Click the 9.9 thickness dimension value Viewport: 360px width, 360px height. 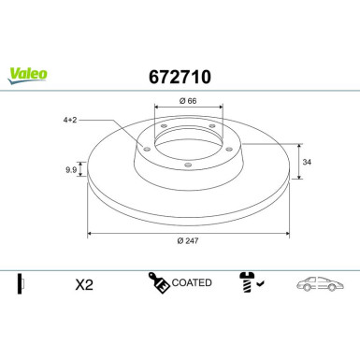(x=68, y=169)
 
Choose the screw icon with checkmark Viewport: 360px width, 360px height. (x=251, y=282)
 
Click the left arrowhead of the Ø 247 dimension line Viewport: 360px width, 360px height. (x=90, y=233)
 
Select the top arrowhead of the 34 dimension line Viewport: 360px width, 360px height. (x=299, y=145)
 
